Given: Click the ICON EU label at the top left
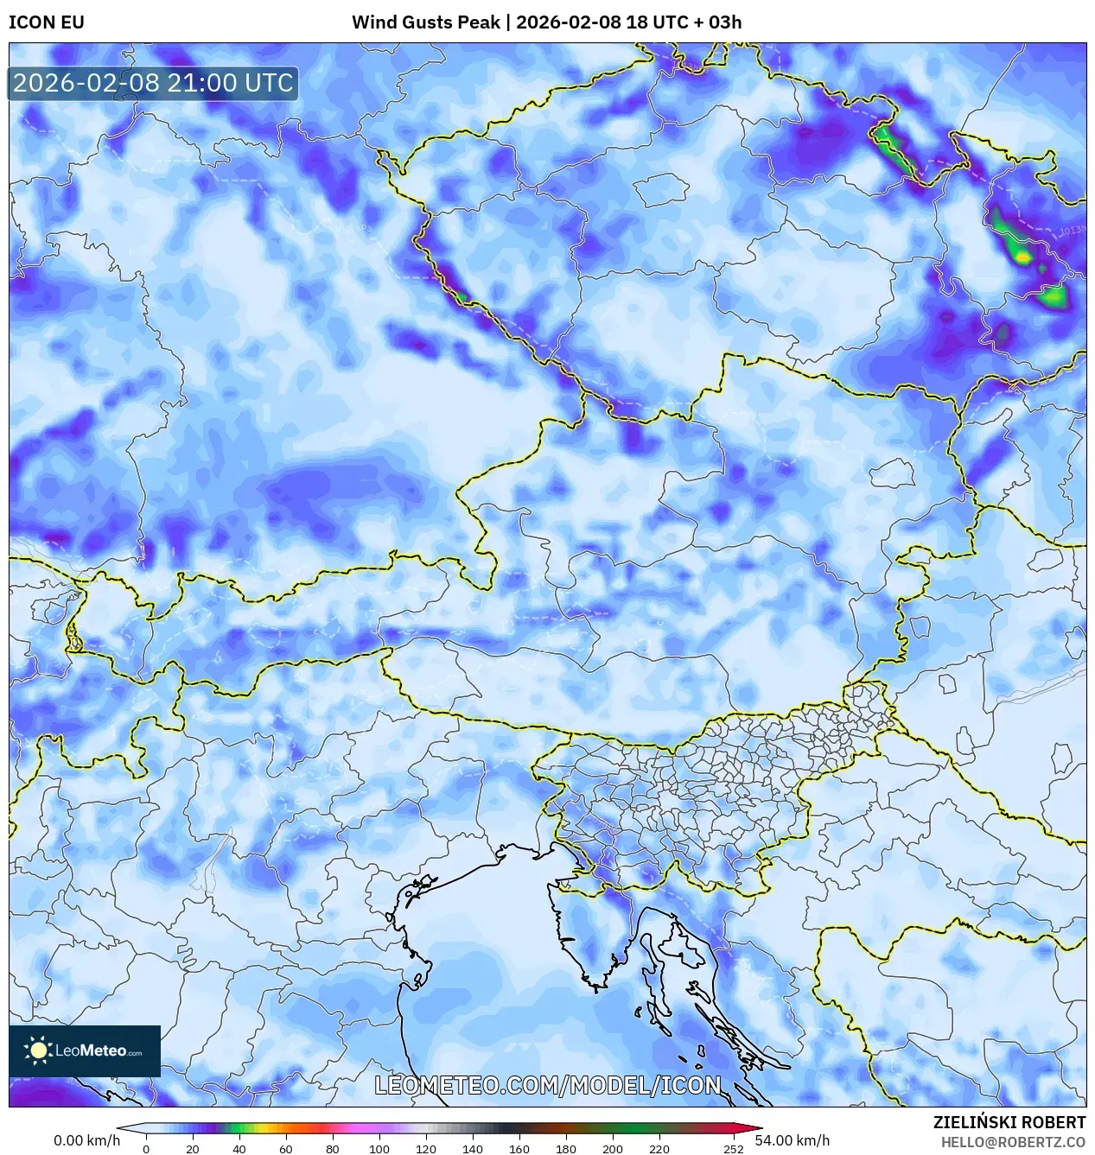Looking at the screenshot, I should [x=47, y=22].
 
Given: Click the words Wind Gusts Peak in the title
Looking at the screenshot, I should [x=425, y=22].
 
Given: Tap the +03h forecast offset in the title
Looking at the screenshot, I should [x=716, y=22].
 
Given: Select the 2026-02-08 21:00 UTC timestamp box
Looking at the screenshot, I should [x=153, y=83].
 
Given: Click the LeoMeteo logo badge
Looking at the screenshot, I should [x=85, y=1050].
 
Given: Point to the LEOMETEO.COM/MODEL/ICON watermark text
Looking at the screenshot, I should [x=547, y=1085].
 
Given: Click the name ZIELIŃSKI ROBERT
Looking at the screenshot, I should [x=1009, y=1122].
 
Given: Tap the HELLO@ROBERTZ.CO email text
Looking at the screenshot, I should [x=1013, y=1142].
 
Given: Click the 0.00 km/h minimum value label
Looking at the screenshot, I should [x=86, y=1140].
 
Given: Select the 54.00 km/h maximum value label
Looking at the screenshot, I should [x=792, y=1140].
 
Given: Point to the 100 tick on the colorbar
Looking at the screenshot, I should [x=379, y=1149].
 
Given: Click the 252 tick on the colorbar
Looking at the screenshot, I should [x=733, y=1149].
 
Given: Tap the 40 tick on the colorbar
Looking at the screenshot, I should [x=239, y=1149].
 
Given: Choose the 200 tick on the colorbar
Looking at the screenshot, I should [x=612, y=1149].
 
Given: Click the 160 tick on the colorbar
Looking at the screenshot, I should [x=519, y=1149].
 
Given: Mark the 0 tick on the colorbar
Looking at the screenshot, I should [x=145, y=1149].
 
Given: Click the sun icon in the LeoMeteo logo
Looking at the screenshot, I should [x=38, y=1050].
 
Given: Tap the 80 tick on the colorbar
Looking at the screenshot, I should [x=332, y=1149].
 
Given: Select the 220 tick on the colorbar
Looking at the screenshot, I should [x=659, y=1149].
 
